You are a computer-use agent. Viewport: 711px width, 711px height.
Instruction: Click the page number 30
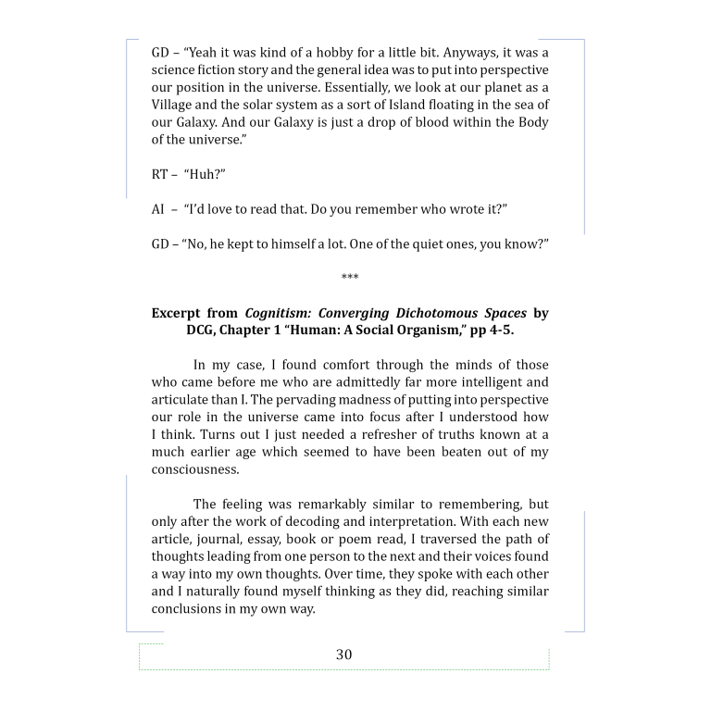343,655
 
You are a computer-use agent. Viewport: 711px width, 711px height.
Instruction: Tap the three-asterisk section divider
350,277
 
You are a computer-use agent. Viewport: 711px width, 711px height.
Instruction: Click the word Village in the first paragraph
174,105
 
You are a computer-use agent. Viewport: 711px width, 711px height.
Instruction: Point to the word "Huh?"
205,174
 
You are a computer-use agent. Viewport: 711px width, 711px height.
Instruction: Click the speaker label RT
161,174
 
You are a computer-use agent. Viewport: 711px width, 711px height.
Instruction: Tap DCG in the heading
204,331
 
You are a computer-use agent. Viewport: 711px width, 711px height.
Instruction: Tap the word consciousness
195,469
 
